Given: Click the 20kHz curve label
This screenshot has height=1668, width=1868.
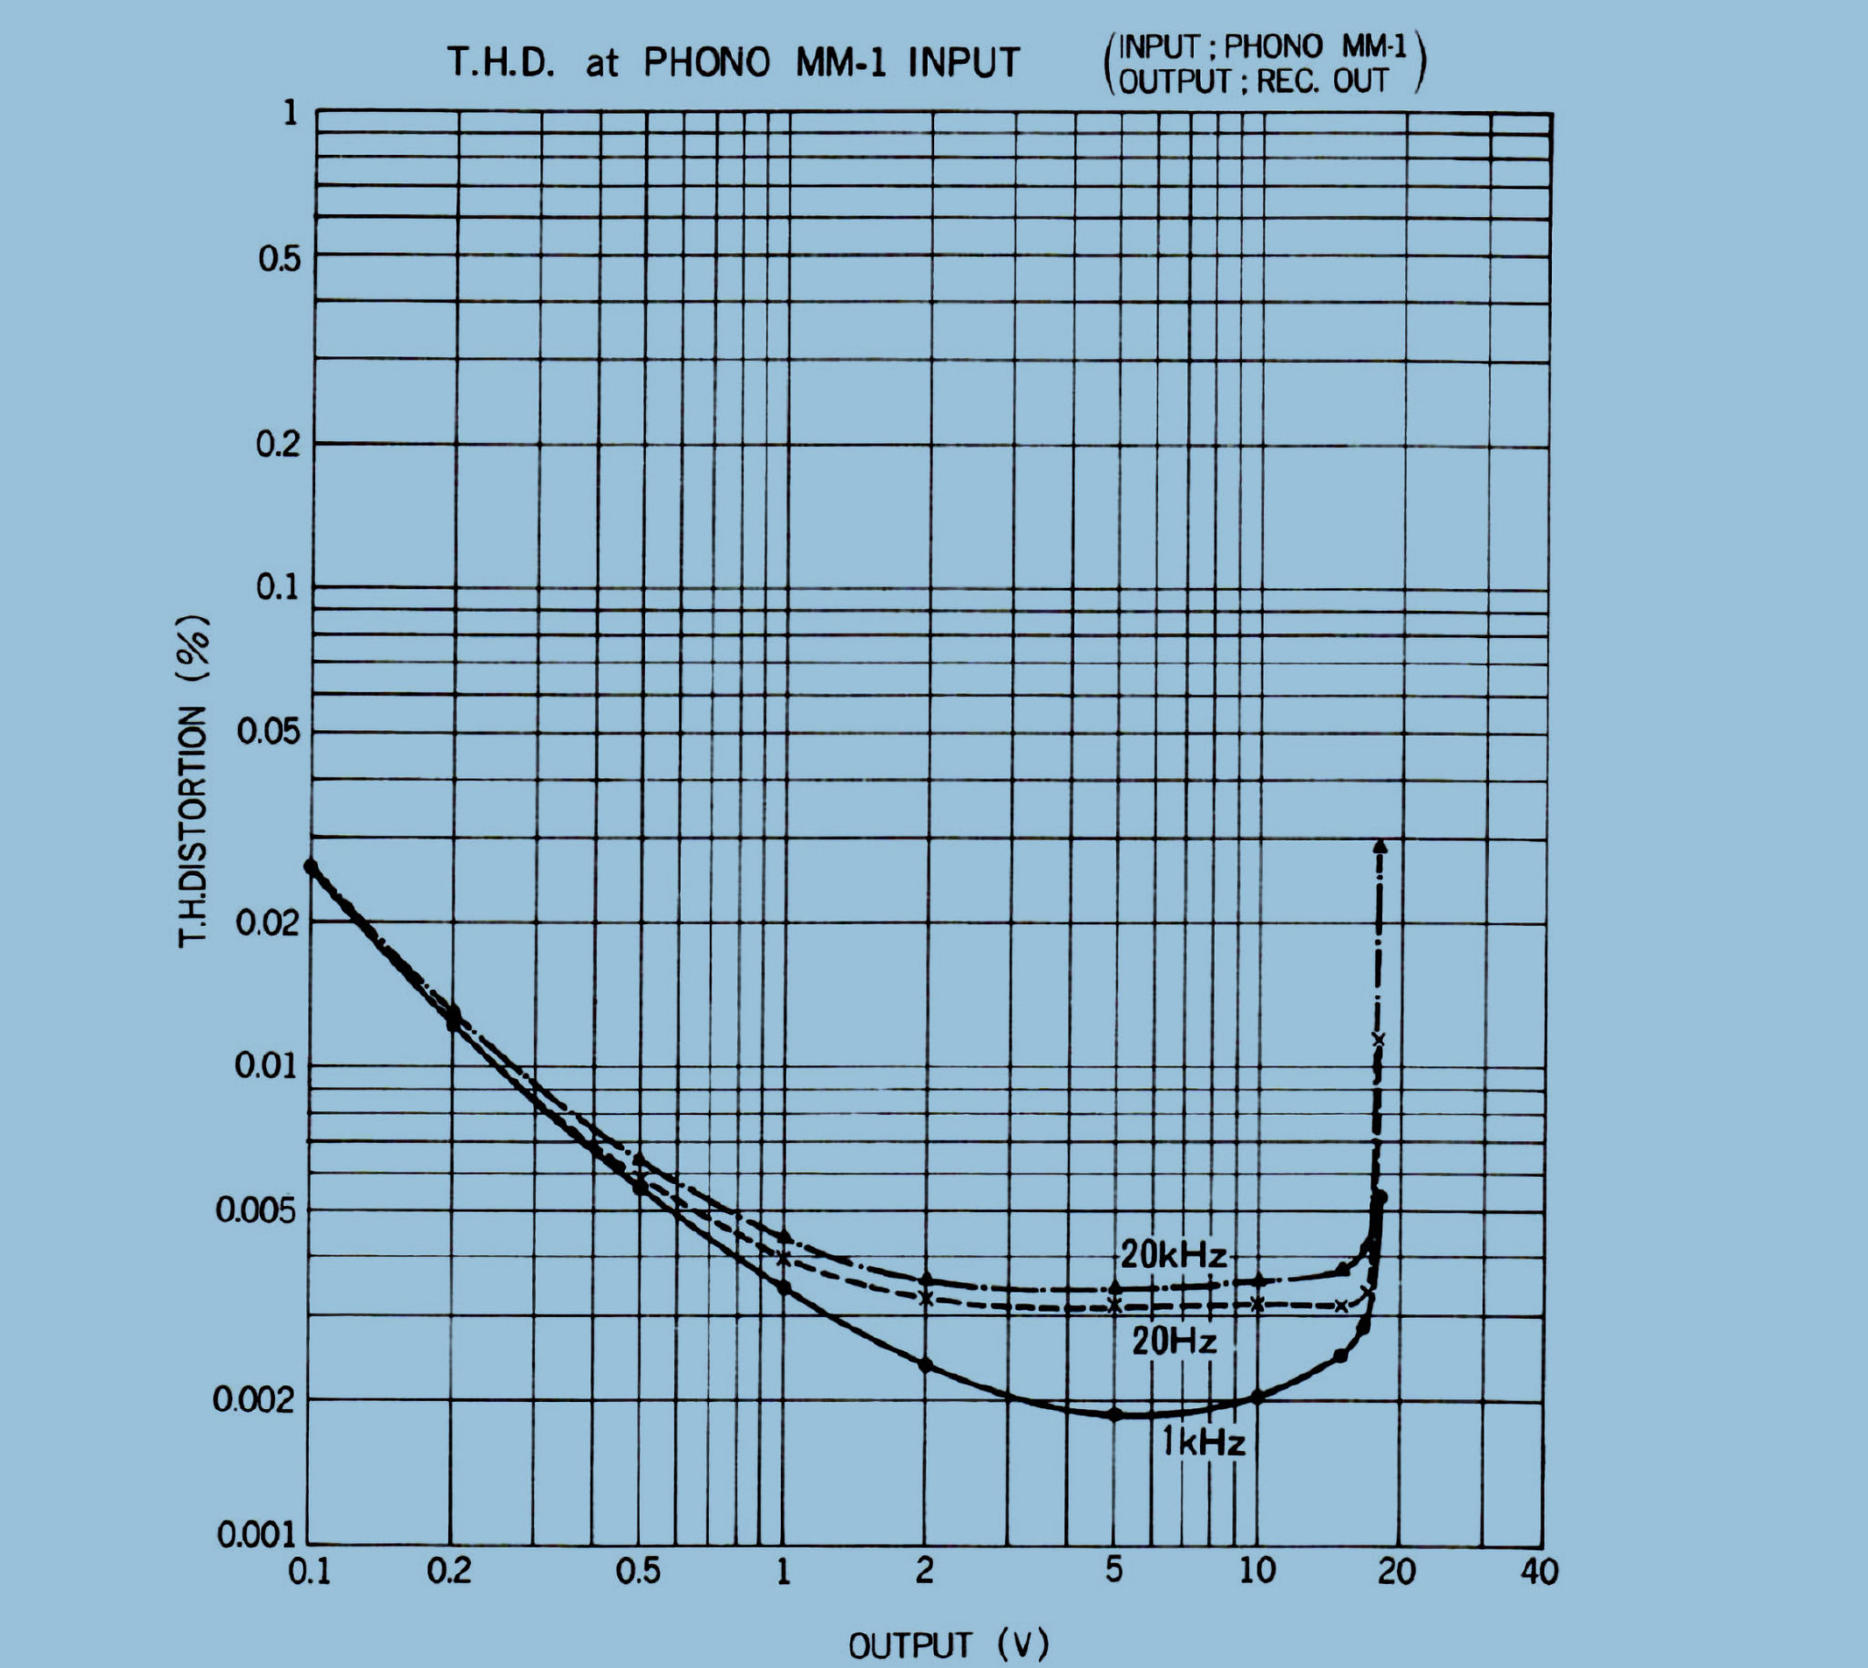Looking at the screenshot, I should point(1173,1255).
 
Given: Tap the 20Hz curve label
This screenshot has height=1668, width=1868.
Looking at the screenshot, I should point(1174,1342).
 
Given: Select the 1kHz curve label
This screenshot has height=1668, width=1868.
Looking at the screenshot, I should point(1203,1443).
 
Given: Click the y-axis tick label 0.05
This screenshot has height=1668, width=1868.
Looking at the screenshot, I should point(269,732).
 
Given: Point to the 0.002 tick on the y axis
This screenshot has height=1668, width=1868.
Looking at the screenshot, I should point(254,1399).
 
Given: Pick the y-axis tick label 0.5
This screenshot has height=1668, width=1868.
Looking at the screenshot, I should point(279,260).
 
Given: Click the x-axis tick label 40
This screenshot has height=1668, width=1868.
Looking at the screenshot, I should point(1538,1571).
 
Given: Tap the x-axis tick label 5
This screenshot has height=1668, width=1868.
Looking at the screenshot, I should point(1114,1570).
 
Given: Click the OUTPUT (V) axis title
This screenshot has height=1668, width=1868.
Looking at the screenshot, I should point(949,1645).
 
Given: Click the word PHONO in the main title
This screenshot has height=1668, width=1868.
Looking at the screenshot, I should point(706,63).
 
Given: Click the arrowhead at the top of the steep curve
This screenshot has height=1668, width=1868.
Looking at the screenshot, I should point(1380,846).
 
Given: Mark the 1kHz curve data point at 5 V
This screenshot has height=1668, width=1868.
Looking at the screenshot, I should point(1115,1414).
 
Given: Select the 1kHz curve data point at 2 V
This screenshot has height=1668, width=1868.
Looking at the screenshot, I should point(925,1364).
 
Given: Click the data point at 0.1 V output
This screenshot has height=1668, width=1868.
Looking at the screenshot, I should point(312,866).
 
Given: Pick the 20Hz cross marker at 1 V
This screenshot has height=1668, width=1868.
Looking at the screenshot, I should point(784,1259).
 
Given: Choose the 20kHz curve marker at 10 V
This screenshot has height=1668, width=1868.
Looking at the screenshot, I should point(1257,1281).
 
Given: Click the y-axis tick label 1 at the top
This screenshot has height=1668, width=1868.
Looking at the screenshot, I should point(291,114).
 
